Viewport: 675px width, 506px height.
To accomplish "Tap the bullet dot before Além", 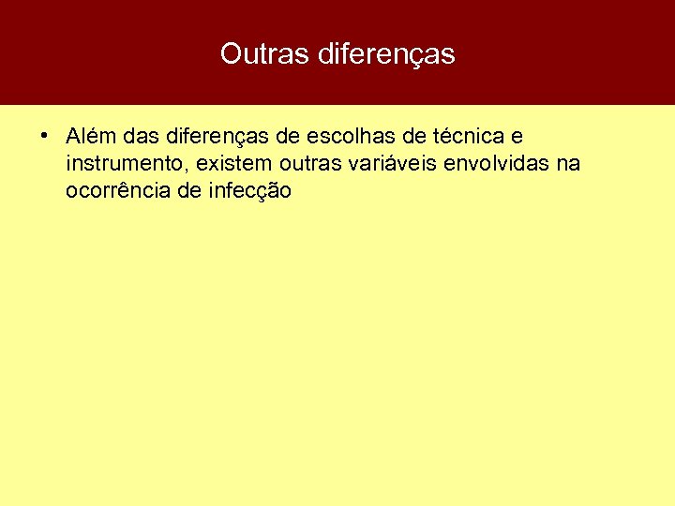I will pos(44,135).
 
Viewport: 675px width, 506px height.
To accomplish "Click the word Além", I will pos(90,137).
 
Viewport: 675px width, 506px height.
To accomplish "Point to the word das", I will pos(140,137).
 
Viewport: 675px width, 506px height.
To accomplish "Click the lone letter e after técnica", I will pos(517,137).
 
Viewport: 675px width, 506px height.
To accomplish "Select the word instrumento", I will pos(121,164).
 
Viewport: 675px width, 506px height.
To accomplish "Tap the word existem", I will pos(227,164).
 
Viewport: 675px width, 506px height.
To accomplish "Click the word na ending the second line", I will pos(568,164).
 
